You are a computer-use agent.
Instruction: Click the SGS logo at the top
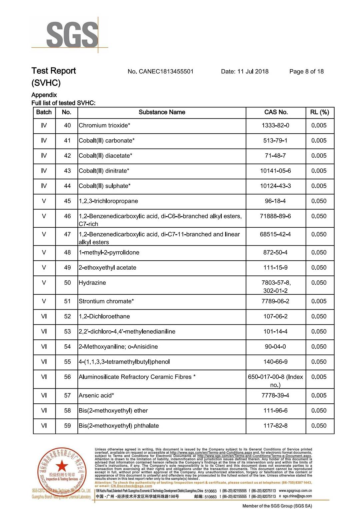[72, 35]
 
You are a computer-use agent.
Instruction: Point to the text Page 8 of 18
[306, 71]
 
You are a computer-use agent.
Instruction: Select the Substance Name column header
[162, 112]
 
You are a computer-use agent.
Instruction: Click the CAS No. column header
[276, 112]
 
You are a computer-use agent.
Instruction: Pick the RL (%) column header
[319, 112]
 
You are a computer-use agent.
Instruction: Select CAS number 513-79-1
[275, 141]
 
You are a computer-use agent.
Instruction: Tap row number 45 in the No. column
[67, 201]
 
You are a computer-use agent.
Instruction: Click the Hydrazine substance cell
[92, 283]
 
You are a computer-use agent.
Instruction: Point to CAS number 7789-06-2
[275, 301]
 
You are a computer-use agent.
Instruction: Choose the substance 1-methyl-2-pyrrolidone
[109, 252]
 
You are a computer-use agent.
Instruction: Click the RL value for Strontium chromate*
[319, 301]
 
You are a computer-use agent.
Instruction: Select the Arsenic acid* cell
[96, 395]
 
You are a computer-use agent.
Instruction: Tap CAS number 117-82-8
[275, 426]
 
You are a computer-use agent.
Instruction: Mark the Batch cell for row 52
[44, 316]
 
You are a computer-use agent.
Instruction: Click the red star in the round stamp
[62, 466]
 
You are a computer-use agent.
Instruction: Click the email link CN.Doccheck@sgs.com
[131, 486]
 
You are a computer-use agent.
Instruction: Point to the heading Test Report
[54, 71]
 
